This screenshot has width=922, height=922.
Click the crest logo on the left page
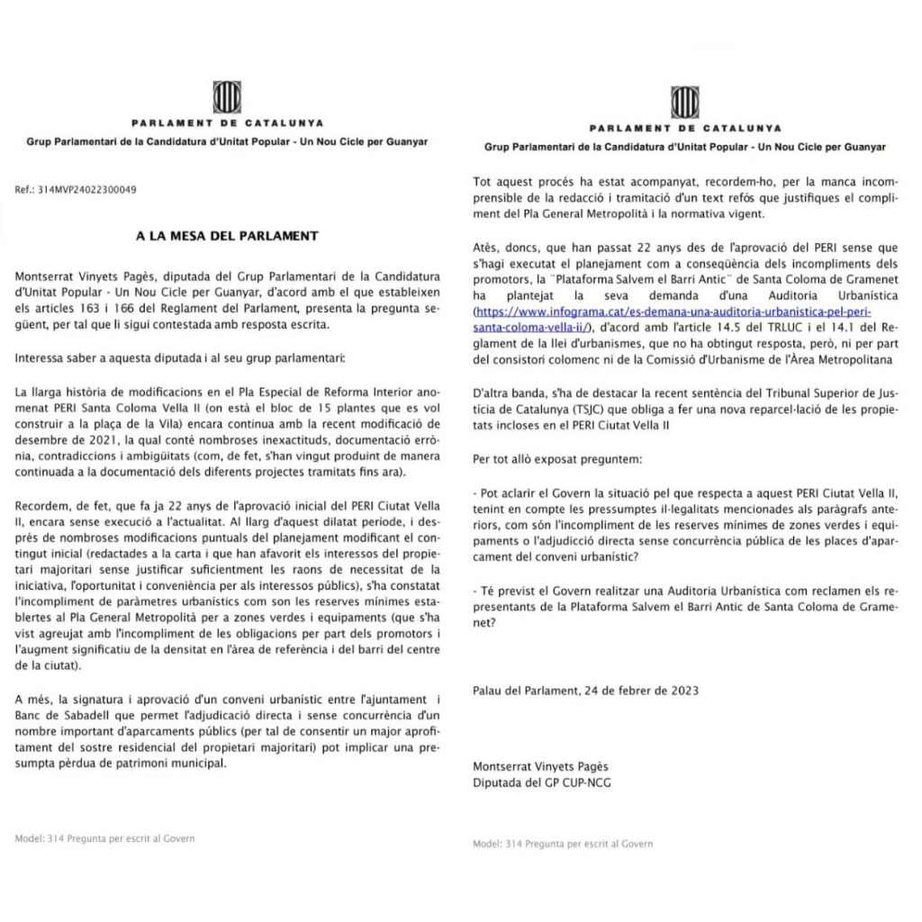[225, 96]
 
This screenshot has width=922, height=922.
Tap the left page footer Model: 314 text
[104, 838]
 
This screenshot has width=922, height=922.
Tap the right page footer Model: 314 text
[563, 844]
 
